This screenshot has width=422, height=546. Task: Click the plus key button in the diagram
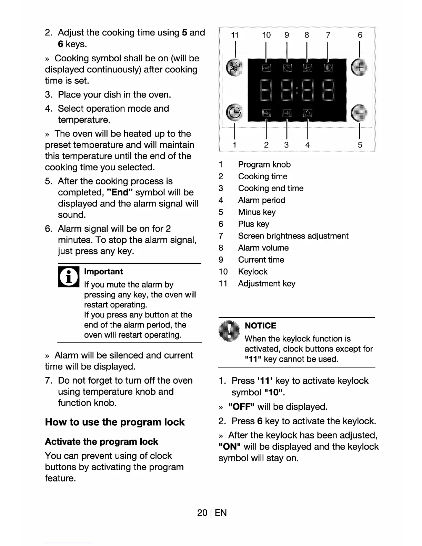click(359, 67)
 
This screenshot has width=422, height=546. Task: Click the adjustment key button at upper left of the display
click(235, 67)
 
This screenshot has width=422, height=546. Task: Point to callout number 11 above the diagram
click(235, 35)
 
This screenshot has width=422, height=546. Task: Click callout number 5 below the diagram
click(360, 145)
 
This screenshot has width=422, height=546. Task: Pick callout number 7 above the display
click(328, 35)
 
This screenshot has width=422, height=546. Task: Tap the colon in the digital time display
click(297, 90)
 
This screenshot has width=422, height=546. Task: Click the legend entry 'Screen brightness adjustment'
click(293, 236)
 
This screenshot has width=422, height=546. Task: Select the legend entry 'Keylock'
click(253, 272)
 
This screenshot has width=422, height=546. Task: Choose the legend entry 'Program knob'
click(264, 164)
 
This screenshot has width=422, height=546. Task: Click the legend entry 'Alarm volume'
click(263, 248)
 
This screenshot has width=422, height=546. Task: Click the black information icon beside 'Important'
click(68, 277)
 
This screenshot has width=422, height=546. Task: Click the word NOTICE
click(260, 326)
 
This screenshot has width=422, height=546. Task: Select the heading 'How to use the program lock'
click(115, 422)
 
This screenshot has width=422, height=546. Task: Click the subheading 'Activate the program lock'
click(101, 442)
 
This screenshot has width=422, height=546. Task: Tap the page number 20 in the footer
click(202, 513)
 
